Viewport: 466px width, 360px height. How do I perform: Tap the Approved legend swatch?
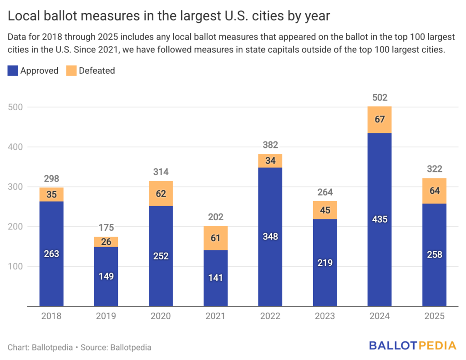pos(13,71)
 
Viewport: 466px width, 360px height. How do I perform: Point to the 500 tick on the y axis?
pos(16,107)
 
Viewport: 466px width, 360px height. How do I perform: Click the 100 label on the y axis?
pos(16,266)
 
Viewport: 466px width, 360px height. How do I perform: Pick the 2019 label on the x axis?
pos(106,316)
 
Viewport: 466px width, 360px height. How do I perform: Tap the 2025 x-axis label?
pos(434,316)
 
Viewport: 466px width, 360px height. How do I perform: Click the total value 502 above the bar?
pos(380,97)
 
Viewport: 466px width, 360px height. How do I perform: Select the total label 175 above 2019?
pos(106,228)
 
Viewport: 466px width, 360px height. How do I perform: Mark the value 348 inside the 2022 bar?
pos(270,237)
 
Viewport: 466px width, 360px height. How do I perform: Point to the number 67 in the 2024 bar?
pos(380,120)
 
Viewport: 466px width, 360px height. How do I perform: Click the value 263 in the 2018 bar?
pos(51,254)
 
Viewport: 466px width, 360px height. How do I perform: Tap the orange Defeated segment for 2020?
pos(161,193)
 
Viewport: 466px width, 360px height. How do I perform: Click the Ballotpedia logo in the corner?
pos(412,346)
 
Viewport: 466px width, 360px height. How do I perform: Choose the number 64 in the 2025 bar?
pos(434,191)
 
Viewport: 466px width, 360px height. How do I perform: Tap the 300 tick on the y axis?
pos(16,187)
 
